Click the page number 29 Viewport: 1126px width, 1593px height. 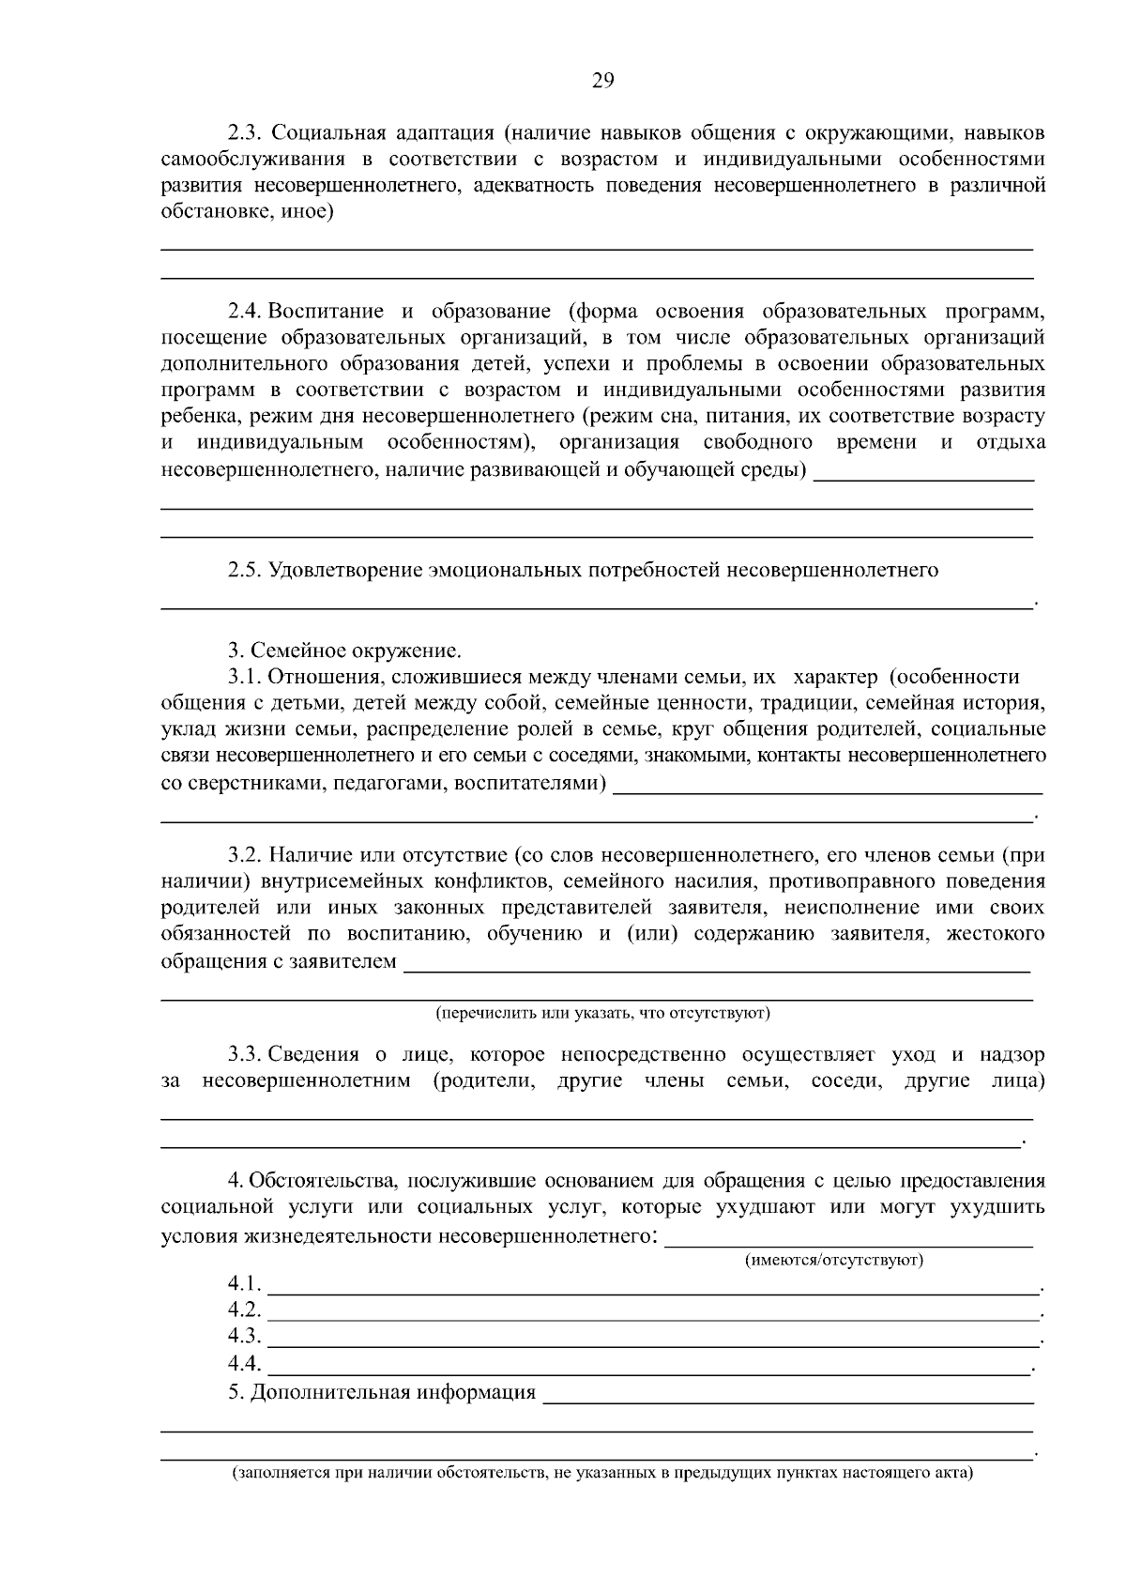(602, 81)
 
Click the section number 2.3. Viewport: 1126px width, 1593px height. (245, 132)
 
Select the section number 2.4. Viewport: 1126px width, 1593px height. (246, 311)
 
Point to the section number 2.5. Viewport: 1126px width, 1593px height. (245, 570)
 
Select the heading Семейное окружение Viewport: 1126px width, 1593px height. (357, 650)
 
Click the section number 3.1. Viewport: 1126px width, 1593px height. (245, 677)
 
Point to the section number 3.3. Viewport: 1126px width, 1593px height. (246, 1054)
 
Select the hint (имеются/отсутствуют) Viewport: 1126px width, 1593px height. (834, 1260)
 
